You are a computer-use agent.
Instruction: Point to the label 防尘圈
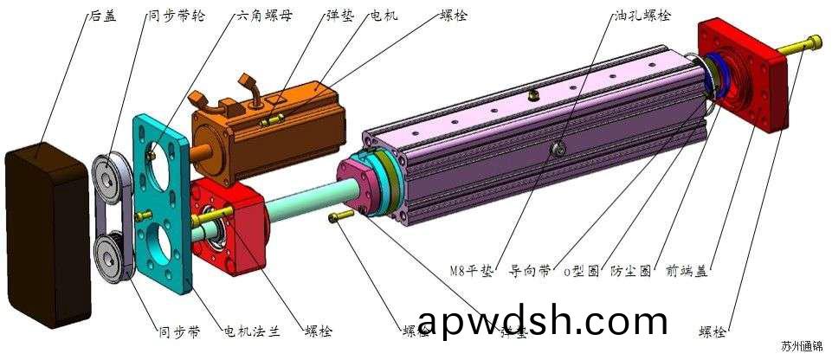[x=631, y=271]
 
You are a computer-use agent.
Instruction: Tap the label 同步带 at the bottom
[x=178, y=331]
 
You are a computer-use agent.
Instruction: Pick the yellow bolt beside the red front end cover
[x=802, y=43]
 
